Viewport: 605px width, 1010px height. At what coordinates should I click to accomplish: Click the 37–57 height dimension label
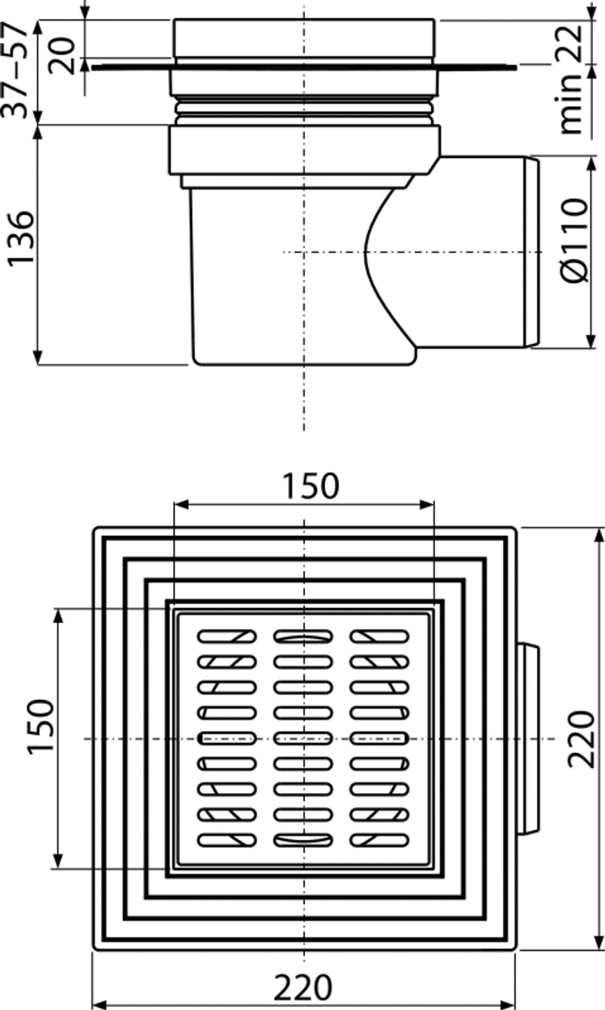pyautogui.click(x=15, y=69)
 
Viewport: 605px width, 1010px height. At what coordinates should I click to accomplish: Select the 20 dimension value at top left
pyautogui.click(x=61, y=56)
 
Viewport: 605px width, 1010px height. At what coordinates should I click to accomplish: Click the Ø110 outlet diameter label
pyautogui.click(x=576, y=240)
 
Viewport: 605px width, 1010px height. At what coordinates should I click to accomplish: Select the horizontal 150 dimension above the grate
pyautogui.click(x=310, y=485)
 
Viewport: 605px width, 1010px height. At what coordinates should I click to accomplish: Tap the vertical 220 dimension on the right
pyautogui.click(x=581, y=739)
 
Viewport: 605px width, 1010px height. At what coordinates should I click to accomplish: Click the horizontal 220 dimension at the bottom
pyautogui.click(x=302, y=987)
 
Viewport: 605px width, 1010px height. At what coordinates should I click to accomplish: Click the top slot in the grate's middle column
pyautogui.click(x=302, y=637)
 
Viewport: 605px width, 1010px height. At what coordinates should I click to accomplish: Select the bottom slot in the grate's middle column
pyautogui.click(x=302, y=840)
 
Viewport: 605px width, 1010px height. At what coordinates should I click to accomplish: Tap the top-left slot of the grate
pyautogui.click(x=227, y=637)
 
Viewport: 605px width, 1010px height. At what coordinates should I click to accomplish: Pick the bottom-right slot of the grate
pyautogui.click(x=380, y=840)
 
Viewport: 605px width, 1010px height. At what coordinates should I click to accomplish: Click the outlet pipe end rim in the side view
pyautogui.click(x=532, y=252)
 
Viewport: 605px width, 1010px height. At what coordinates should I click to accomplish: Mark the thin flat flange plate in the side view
pyautogui.click(x=303, y=67)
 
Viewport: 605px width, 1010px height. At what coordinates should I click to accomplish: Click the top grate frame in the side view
pyautogui.click(x=303, y=39)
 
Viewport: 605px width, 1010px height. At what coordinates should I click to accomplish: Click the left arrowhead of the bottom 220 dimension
pyautogui.click(x=99, y=1005)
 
